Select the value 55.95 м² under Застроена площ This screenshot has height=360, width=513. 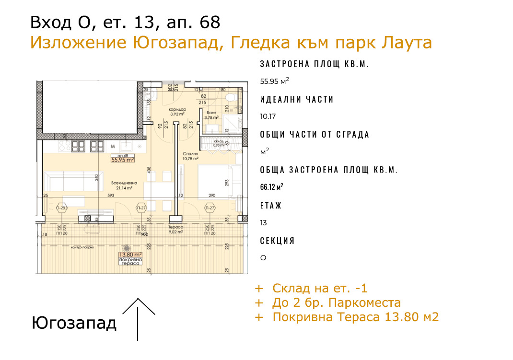tap(274, 81)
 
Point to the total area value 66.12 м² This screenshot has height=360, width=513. tap(271, 186)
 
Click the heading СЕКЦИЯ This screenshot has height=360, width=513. tap(277, 241)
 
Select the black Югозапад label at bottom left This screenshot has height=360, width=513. tap(74, 323)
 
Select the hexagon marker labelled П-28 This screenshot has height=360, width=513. tap(61, 208)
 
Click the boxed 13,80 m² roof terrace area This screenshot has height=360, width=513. tap(130, 255)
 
